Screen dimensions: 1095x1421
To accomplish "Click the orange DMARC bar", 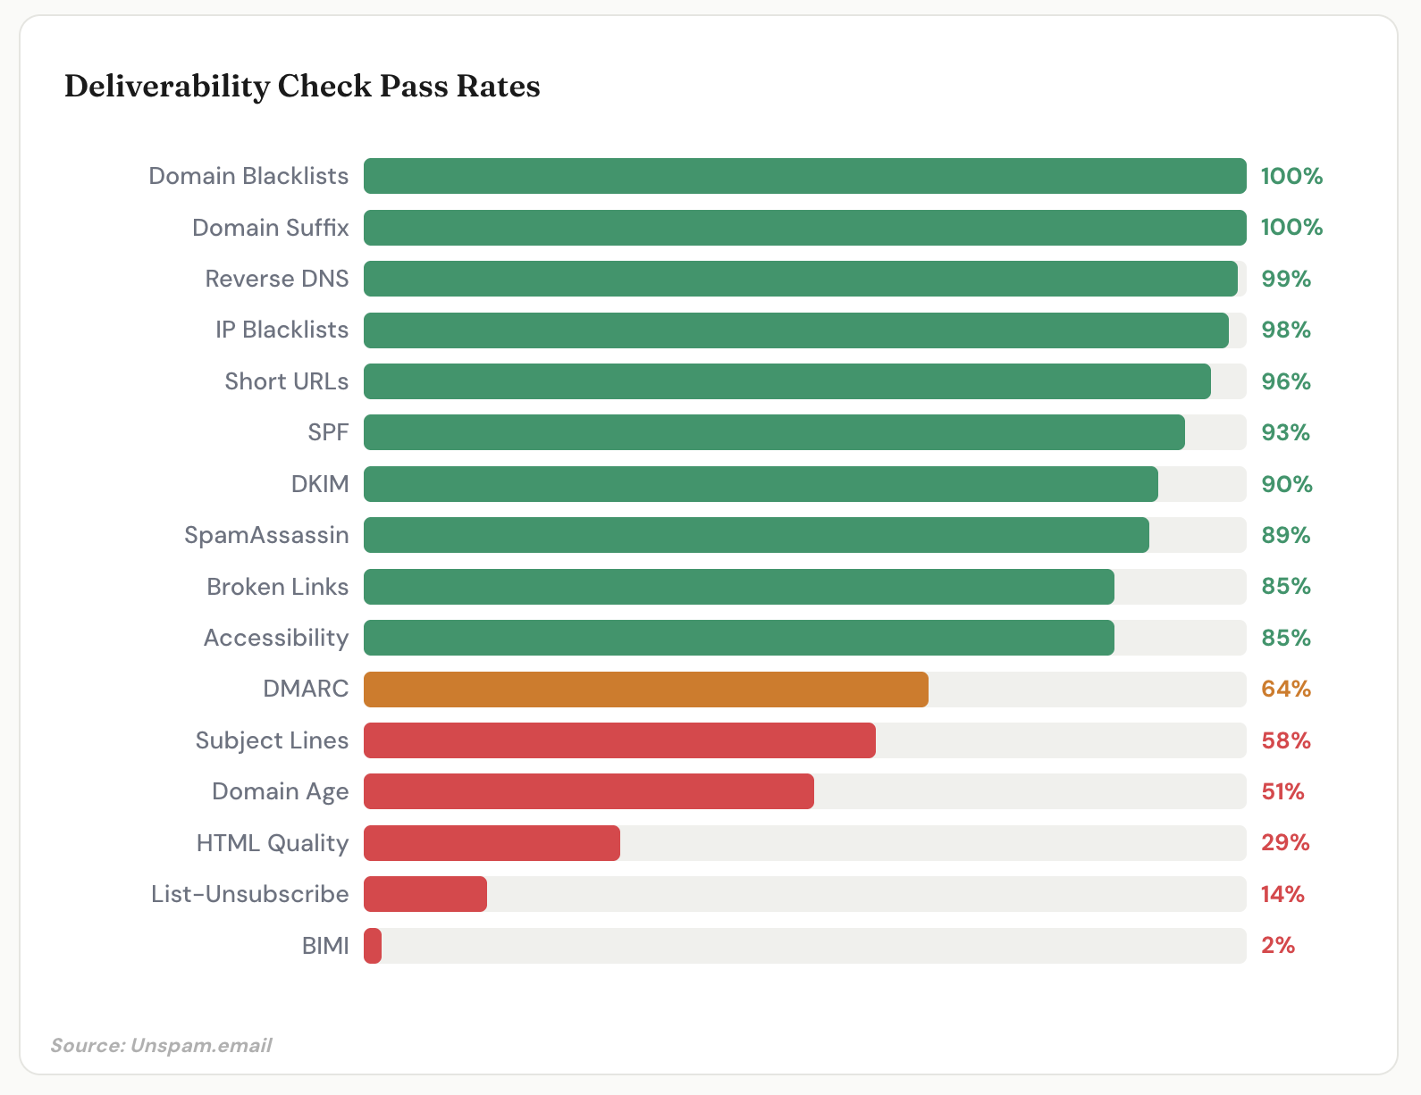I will coord(645,690).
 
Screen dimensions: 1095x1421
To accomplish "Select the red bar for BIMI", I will coord(373,946).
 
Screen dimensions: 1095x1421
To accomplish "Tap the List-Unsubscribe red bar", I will coord(425,894).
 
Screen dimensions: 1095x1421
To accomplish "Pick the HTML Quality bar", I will coord(492,843).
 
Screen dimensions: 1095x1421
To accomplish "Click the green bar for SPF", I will coord(774,432).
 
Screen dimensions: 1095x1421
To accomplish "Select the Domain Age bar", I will coord(588,791).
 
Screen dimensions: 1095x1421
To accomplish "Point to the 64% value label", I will coord(1285,690).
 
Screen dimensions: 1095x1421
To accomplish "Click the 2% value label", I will coord(1278,946).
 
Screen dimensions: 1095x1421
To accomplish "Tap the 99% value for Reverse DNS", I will coord(1285,280).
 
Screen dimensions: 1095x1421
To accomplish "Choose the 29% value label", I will coord(1285,843).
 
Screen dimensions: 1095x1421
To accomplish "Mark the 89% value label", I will coord(1285,536).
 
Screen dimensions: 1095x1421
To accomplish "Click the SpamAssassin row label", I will coord(266,536).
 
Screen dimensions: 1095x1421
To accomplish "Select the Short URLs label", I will coord(286,381).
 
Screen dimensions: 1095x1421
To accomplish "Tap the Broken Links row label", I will coord(277,587).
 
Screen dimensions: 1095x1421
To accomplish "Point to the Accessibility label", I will coord(275,638).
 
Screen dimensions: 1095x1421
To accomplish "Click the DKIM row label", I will coord(320,484).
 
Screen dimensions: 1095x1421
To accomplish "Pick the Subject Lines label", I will coord(272,740).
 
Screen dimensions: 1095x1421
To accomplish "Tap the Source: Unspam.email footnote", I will coord(161,1045).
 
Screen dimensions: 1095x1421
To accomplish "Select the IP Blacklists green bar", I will coord(795,330).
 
